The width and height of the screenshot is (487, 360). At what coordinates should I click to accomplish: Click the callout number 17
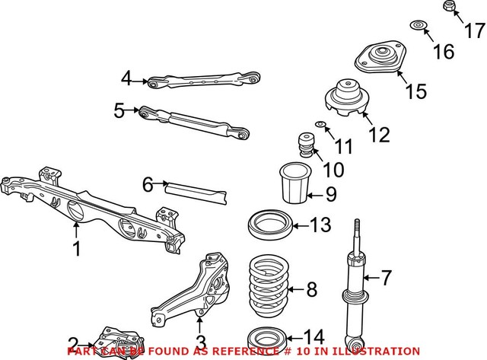(x=473, y=31)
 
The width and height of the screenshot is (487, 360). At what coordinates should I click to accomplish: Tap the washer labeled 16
(x=418, y=28)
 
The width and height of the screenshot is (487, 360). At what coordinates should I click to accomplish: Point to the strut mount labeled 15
(x=379, y=61)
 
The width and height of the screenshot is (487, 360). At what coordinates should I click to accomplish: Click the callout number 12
(x=378, y=135)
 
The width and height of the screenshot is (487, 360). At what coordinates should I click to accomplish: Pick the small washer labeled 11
(x=321, y=125)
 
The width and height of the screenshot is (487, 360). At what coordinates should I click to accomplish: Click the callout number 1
(x=76, y=249)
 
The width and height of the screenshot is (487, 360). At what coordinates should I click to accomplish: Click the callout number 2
(x=73, y=343)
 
